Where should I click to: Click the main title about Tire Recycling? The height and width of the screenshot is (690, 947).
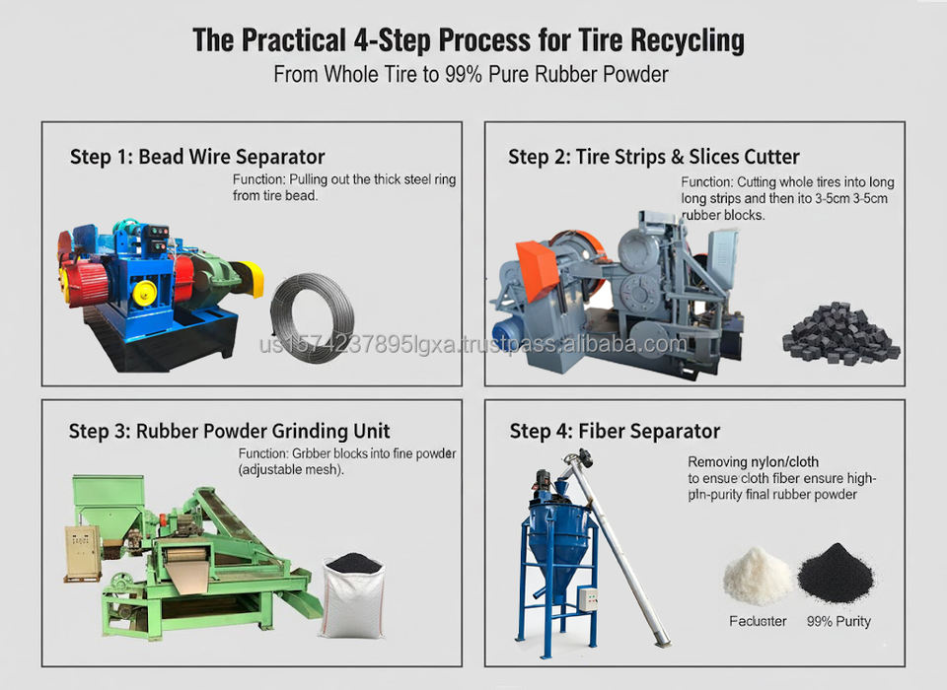coord(469,40)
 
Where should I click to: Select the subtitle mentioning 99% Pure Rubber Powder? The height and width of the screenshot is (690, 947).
coord(471,75)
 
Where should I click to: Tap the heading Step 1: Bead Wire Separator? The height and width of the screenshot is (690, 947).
coord(197,157)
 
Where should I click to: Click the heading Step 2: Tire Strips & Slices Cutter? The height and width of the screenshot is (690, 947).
coord(653,157)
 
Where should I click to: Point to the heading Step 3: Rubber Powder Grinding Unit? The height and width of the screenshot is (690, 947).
coord(230,431)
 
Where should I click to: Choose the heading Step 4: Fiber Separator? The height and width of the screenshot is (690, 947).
coord(615,431)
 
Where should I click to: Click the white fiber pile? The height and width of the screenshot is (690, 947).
coord(757,577)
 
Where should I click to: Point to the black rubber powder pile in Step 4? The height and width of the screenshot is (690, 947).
coord(836,573)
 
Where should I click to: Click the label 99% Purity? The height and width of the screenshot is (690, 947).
coord(838,621)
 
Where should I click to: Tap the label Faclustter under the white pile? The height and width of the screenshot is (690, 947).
coord(758,621)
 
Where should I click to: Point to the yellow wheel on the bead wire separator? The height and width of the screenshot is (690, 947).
coord(145,293)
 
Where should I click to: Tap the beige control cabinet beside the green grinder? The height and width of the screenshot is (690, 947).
coord(83,553)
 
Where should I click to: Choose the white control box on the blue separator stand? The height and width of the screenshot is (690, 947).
coord(589,598)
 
